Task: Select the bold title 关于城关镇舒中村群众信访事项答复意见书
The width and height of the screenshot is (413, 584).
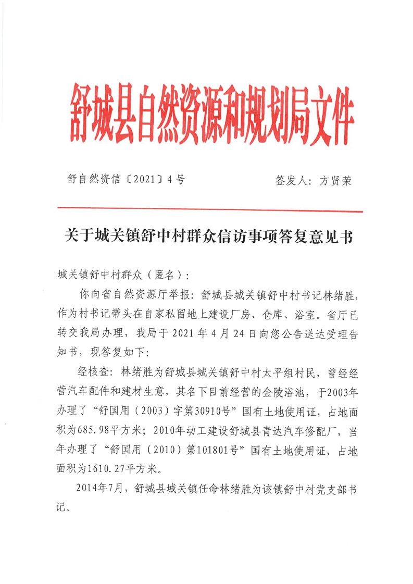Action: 208,237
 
